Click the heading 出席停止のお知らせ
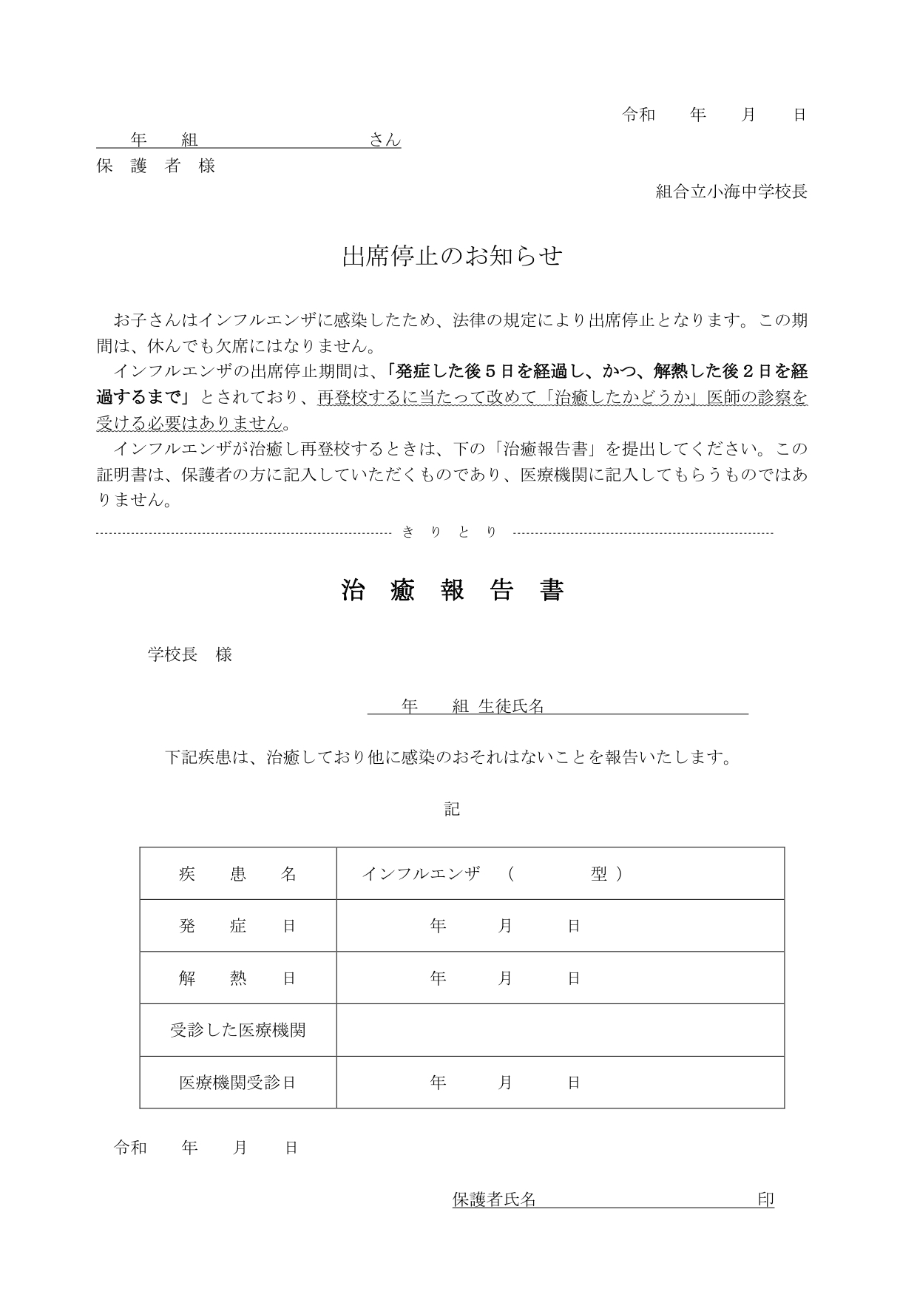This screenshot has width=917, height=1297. pyautogui.click(x=452, y=257)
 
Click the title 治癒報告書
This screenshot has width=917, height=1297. pyautogui.click(x=453, y=591)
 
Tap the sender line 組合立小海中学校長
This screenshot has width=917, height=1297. pyautogui.click(x=731, y=192)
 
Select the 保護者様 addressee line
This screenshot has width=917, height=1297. pyautogui.click(x=156, y=166)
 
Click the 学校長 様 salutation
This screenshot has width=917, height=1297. pyautogui.click(x=190, y=654)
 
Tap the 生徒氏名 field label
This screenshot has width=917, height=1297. pyautogui.click(x=511, y=707)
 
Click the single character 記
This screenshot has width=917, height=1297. pyautogui.click(x=452, y=809)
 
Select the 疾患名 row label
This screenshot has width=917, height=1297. pyautogui.click(x=237, y=874)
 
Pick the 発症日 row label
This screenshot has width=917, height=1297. pyautogui.click(x=237, y=926)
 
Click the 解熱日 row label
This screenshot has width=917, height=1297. pyautogui.click(x=237, y=978)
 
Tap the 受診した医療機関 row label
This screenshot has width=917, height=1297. pyautogui.click(x=237, y=1030)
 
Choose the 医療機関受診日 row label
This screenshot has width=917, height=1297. pyautogui.click(x=237, y=1083)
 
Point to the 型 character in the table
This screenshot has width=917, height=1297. pyautogui.click(x=598, y=874)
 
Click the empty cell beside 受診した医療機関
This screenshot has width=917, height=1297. pyautogui.click(x=560, y=1030)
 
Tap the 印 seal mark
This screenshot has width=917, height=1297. pyautogui.click(x=765, y=1199)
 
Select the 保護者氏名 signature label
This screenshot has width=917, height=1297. pyautogui.click(x=494, y=1199)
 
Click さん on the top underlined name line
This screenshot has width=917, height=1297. pyautogui.click(x=385, y=140)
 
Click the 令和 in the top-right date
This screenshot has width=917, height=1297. pyautogui.click(x=639, y=115)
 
